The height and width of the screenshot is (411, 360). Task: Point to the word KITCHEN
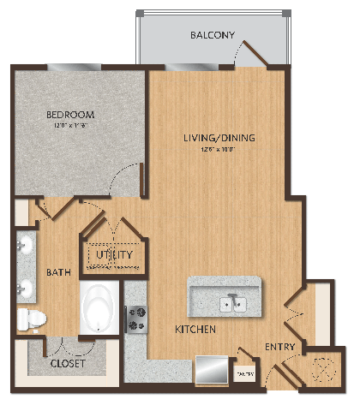tap(195, 330)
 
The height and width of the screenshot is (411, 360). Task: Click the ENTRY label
tap(280, 347)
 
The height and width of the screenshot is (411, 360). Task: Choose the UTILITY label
tap(111, 254)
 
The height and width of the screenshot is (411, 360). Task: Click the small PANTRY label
tap(245, 374)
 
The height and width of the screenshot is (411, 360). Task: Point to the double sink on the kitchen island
tap(233, 302)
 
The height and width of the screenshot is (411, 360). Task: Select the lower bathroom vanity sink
tap(25, 288)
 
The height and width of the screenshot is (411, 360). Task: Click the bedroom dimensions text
tap(69, 125)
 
